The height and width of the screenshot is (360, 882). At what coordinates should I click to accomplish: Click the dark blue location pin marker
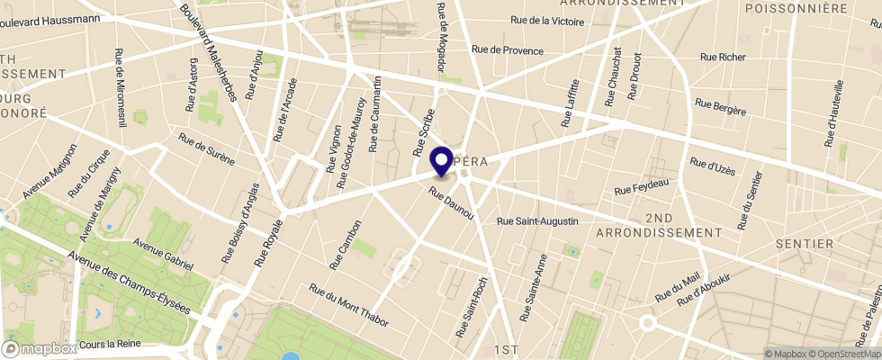tap(442, 161)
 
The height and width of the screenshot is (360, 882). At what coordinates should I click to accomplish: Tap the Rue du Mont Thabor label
tap(346, 302)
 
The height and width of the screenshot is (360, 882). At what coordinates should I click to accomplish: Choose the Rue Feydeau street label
tap(642, 187)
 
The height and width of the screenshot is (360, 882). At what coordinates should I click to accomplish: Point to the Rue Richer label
tap(723, 58)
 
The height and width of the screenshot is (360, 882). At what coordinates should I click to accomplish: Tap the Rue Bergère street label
tap(721, 105)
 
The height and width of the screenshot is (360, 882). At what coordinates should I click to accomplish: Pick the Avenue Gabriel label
tap(163, 254)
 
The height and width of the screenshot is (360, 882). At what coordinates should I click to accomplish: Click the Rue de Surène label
tap(206, 149)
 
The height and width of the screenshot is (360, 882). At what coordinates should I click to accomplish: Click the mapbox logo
tap(40, 348)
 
